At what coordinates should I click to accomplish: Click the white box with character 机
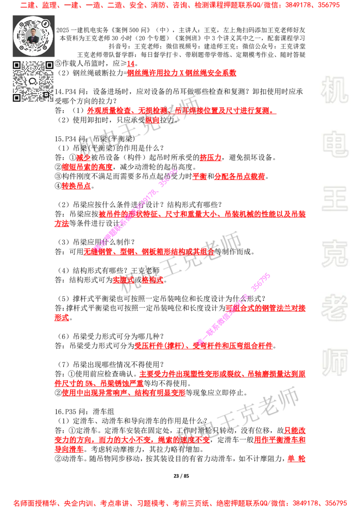[334, 90]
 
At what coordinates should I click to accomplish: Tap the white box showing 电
[336, 144]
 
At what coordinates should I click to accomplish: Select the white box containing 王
[334, 200]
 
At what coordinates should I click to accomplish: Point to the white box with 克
[334, 254]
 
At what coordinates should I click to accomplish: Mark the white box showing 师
[334, 363]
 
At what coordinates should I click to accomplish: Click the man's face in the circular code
[33, 34]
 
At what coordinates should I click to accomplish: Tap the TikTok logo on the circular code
[45, 23]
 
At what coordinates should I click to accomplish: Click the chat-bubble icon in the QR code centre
[33, 81]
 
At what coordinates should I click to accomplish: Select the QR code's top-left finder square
[17, 65]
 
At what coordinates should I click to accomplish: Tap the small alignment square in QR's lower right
[46, 94]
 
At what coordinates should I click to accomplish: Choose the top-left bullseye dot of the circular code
[20, 22]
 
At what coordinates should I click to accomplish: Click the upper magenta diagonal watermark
[135, 209]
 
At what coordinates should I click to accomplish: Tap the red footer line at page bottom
[180, 503]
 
